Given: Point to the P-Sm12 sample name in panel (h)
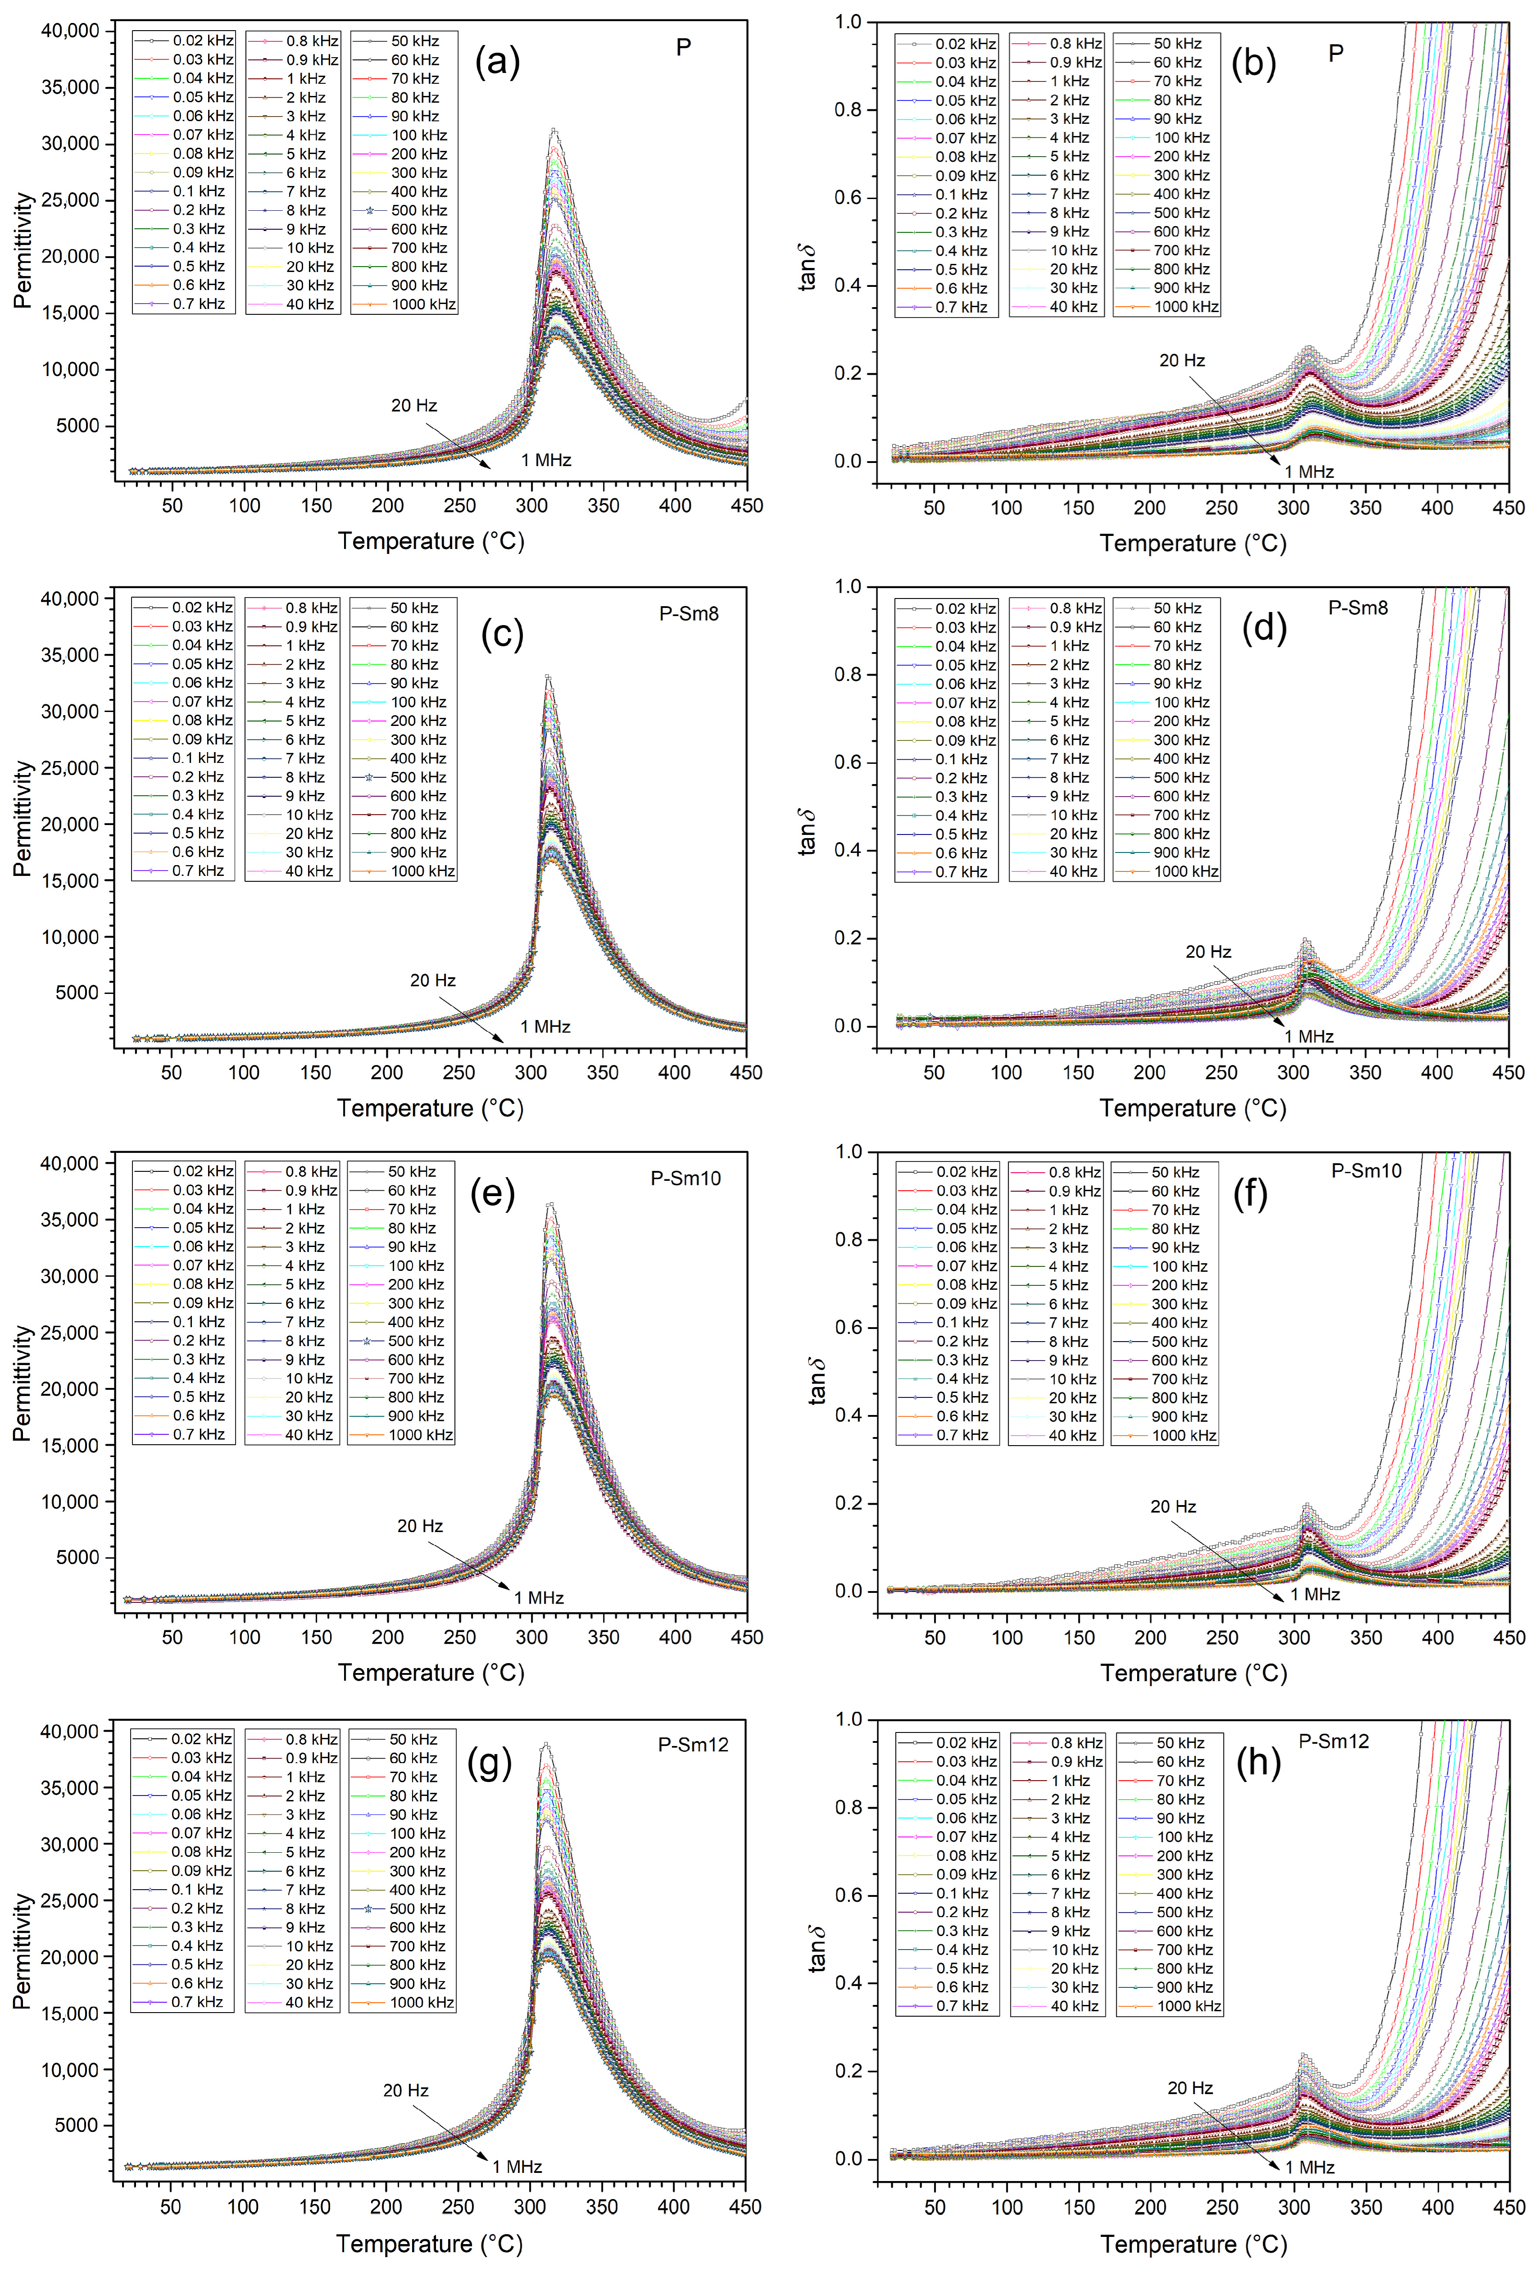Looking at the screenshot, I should coord(1333,1741).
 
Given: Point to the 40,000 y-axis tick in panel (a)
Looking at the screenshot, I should coord(70,31).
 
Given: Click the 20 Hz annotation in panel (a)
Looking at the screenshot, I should coord(413,406).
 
